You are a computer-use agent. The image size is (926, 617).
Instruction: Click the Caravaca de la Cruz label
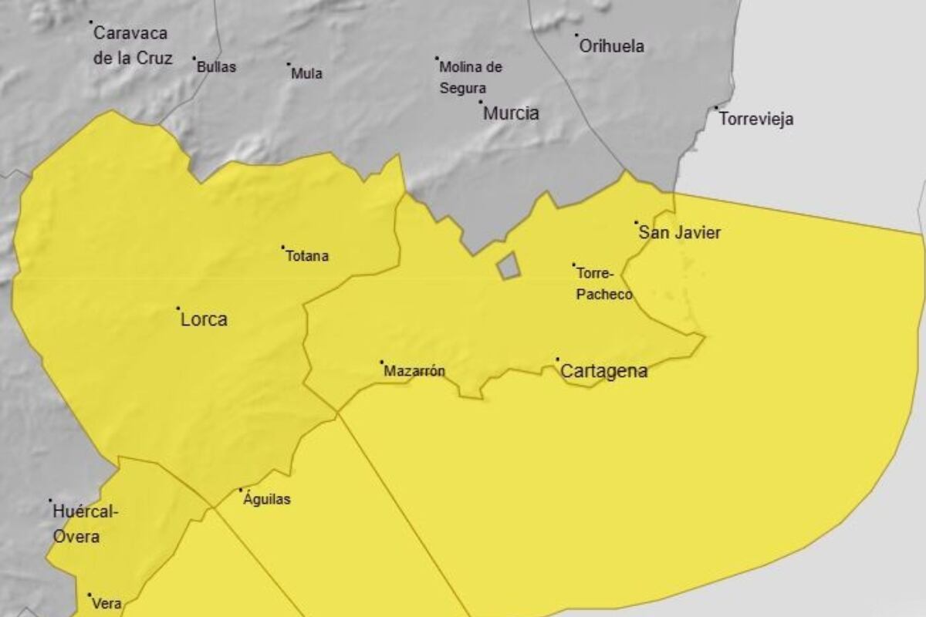click(132, 46)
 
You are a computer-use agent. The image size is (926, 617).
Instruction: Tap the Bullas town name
click(216, 67)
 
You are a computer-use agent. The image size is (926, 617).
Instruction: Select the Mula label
click(306, 74)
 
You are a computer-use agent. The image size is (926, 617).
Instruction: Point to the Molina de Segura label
click(471, 77)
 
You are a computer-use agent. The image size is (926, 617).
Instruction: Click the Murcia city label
click(511, 113)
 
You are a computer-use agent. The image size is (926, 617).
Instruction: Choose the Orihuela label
click(611, 46)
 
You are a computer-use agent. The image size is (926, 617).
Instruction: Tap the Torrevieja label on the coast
click(755, 120)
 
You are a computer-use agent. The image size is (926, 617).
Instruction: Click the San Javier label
click(680, 233)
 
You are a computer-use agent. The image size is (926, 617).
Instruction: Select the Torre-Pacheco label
click(604, 283)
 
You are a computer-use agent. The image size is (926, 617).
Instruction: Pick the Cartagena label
click(603, 372)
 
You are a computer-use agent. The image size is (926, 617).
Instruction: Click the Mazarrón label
click(414, 371)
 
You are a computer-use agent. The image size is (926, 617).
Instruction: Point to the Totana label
click(307, 256)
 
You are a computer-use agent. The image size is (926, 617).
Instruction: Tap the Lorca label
click(204, 319)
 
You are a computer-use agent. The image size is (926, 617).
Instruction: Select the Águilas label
click(267, 500)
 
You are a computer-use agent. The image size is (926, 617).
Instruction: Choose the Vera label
click(106, 605)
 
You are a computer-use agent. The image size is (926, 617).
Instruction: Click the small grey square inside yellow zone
click(508, 266)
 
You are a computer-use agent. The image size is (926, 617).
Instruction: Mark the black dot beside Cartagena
click(557, 359)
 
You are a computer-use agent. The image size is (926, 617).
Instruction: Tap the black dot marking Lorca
click(178, 308)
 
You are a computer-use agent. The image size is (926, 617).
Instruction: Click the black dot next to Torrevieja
click(716, 108)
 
